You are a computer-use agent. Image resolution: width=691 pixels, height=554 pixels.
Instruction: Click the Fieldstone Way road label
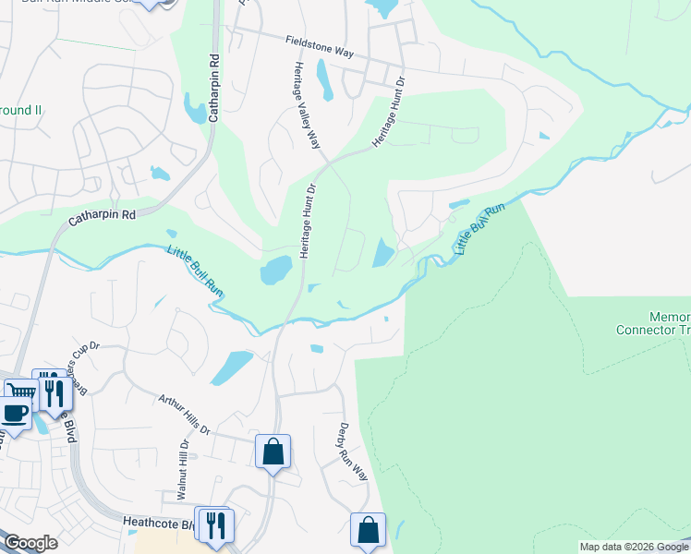(320, 47)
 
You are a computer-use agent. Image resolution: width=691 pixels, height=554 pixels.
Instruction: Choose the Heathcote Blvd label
(157, 523)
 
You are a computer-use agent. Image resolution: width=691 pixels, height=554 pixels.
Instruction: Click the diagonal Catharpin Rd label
(102, 219)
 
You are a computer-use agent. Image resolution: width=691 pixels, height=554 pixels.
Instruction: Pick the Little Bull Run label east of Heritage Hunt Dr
(480, 230)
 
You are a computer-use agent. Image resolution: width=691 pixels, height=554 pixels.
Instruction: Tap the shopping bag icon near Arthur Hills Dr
(273, 452)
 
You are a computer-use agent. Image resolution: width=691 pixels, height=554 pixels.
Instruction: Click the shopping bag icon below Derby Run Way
(368, 531)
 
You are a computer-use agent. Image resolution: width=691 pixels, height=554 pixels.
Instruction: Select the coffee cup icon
(14, 412)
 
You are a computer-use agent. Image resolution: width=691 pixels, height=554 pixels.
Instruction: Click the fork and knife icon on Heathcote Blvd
(216, 525)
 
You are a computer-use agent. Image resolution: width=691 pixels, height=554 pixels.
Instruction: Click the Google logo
(30, 543)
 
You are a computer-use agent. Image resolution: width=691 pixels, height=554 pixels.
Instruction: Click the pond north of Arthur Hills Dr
(231, 367)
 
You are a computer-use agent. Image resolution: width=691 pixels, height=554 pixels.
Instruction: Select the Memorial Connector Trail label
(652, 323)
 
